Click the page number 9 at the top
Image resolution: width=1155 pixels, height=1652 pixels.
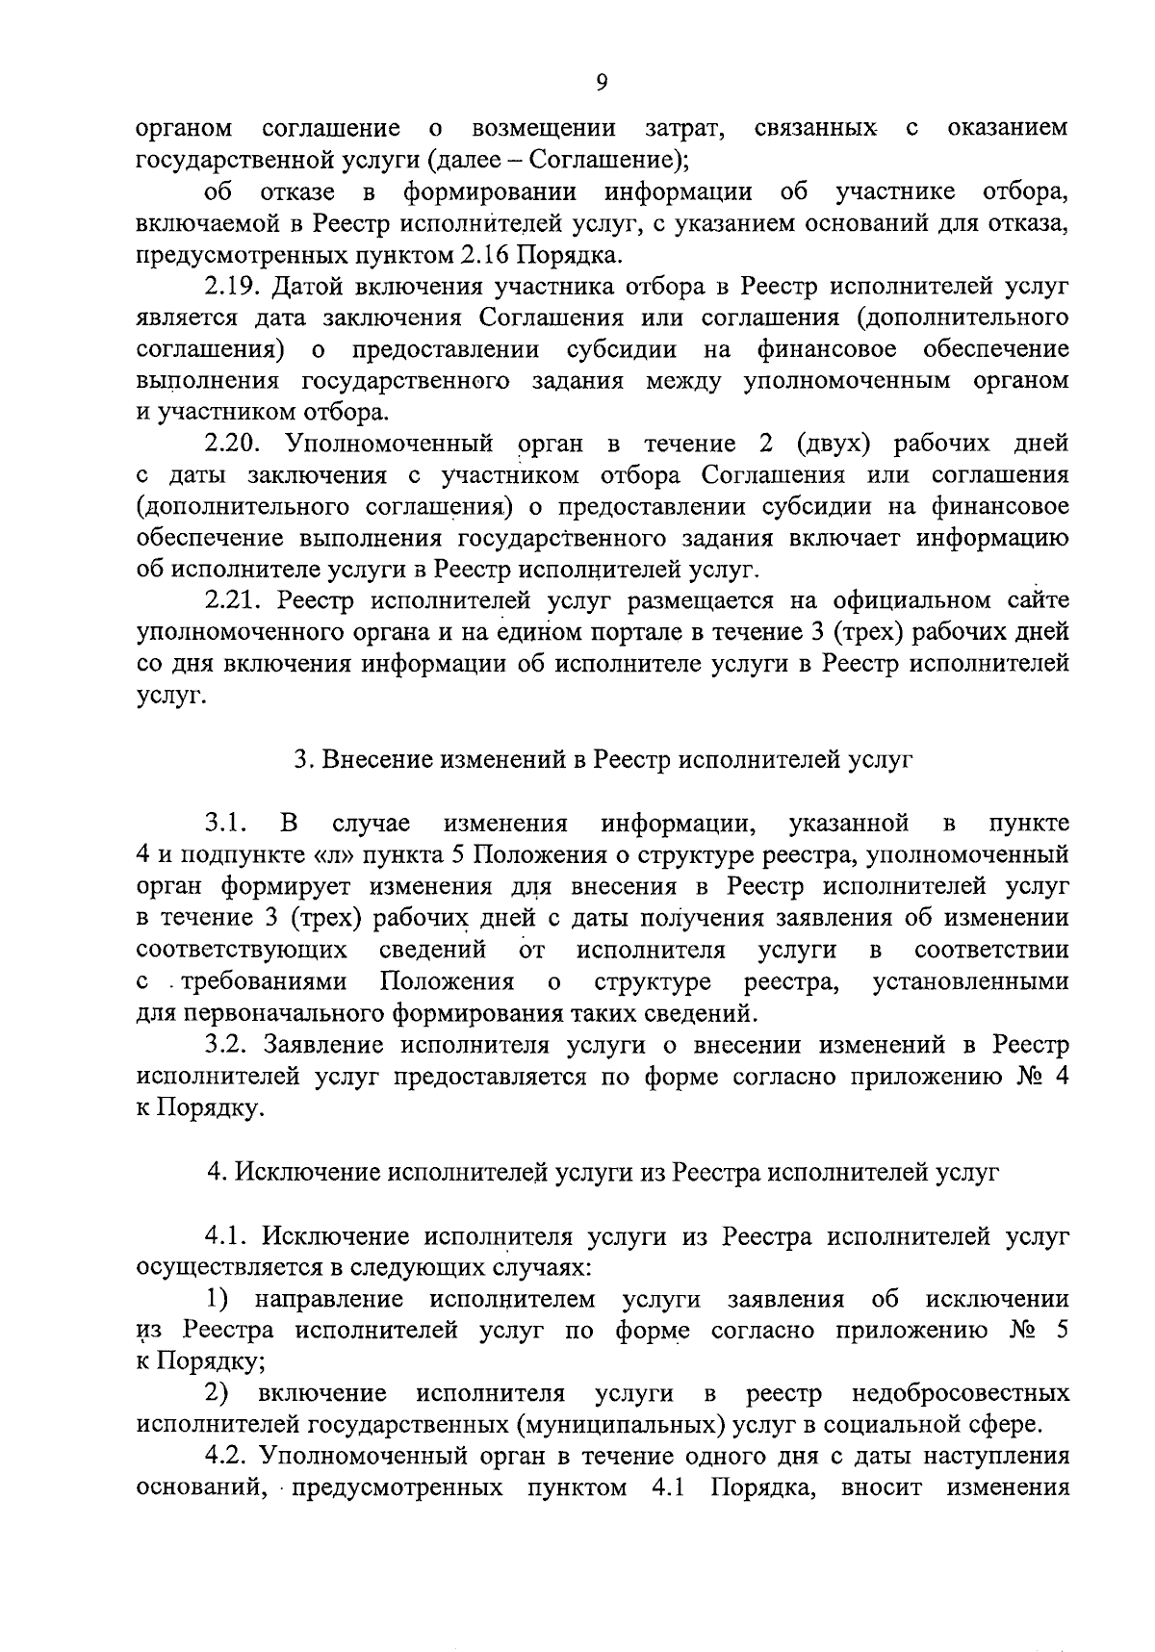[x=602, y=83]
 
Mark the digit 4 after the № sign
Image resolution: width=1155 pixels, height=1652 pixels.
[x=1061, y=1076]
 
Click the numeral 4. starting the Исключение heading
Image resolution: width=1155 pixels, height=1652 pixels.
[x=218, y=1173]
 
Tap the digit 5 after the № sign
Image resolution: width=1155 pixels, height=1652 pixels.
[x=1061, y=1331]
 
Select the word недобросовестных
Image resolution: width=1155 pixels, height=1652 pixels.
[x=960, y=1393]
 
